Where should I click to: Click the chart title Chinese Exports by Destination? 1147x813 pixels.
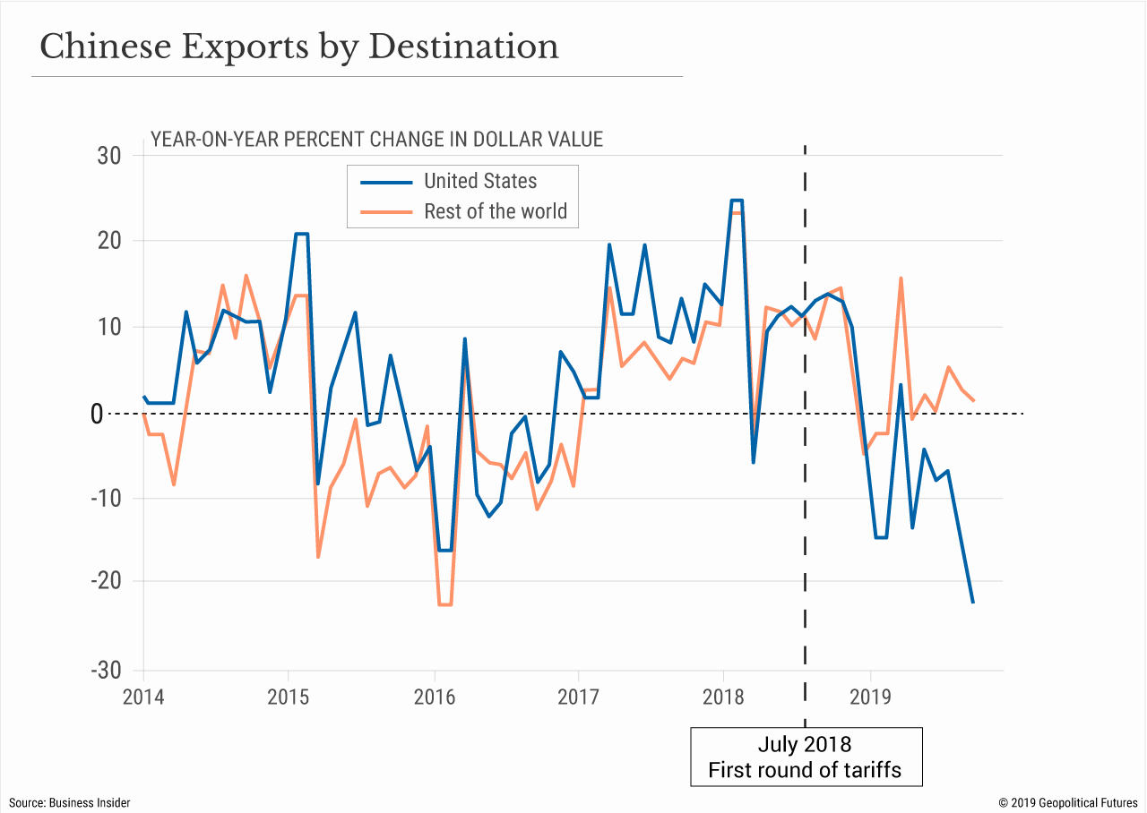(x=299, y=47)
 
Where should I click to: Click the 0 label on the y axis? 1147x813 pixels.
(x=121, y=414)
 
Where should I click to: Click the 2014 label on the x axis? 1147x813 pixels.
(x=143, y=697)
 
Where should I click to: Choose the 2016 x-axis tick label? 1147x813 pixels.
(x=434, y=697)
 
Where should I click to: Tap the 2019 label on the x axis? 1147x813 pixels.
(x=869, y=697)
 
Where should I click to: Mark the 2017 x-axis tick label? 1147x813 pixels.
(x=579, y=697)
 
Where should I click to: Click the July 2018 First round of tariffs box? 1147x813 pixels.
(x=806, y=757)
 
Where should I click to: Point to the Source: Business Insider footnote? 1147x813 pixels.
(x=70, y=802)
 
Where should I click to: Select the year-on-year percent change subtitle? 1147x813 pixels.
(x=376, y=140)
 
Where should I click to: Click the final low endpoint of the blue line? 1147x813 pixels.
(x=973, y=602)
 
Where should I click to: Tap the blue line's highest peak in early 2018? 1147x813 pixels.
(x=737, y=201)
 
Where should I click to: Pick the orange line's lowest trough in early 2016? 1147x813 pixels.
(x=445, y=604)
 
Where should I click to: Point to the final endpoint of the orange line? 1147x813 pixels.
(x=973, y=400)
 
